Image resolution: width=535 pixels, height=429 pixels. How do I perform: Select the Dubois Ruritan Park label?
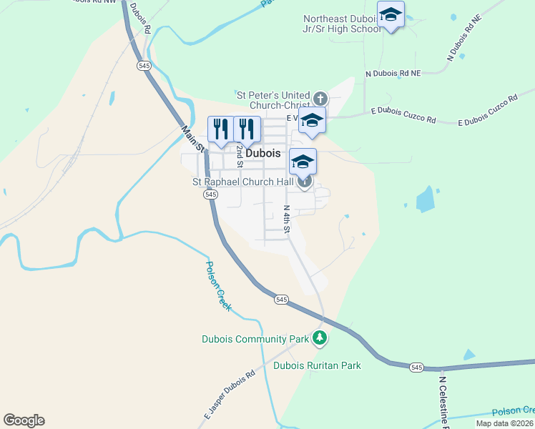tap(317, 365)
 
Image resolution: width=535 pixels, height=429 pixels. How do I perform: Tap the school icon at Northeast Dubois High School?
tap(391, 15)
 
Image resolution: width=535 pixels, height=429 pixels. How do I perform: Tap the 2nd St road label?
tap(240, 154)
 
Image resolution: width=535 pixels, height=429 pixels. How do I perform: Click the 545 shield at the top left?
tap(144, 65)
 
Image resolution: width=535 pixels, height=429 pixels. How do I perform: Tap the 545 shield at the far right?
tap(417, 367)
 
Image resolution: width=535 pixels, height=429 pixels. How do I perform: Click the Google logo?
tap(24, 420)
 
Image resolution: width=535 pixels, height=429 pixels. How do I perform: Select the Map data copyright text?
tap(505, 423)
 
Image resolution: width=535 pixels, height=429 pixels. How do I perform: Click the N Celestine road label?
tap(443, 400)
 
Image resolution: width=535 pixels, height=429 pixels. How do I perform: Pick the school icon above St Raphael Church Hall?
tap(303, 162)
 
